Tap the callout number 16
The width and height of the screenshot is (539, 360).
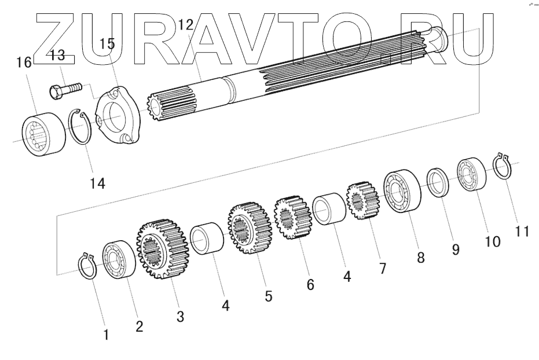click(24, 63)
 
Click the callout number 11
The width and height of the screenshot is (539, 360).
click(522, 231)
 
